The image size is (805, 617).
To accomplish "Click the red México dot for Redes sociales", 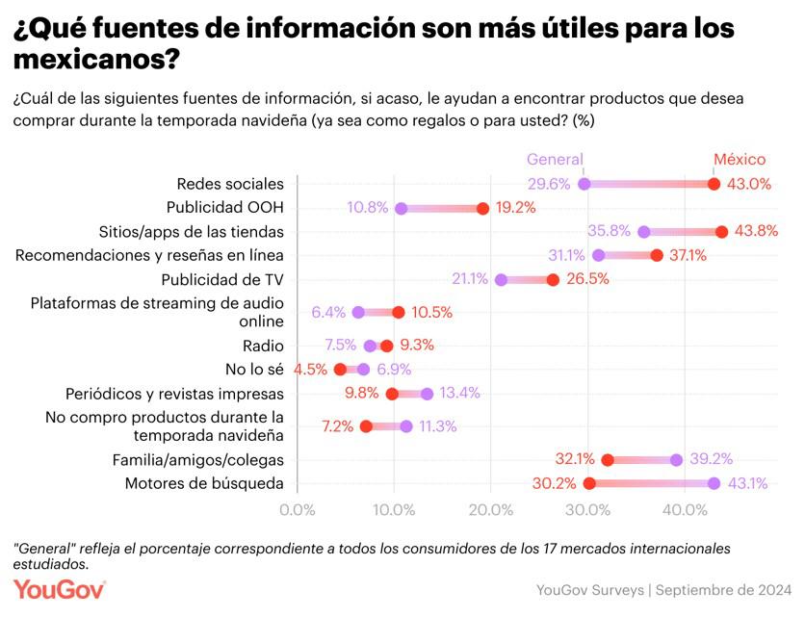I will (714, 184).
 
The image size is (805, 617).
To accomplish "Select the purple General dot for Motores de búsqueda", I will (714, 483).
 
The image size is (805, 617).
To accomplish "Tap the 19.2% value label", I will (515, 208).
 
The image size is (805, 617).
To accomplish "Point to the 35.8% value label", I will (609, 231).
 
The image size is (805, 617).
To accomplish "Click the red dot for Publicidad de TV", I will (553, 280).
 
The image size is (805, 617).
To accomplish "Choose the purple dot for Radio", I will (371, 346).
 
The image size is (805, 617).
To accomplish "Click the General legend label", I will (555, 161).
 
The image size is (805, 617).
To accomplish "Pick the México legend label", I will (739, 161).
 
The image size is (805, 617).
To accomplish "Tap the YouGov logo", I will (59, 589).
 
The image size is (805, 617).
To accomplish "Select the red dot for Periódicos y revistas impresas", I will (392, 394).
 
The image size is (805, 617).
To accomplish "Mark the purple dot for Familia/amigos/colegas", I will (676, 460).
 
